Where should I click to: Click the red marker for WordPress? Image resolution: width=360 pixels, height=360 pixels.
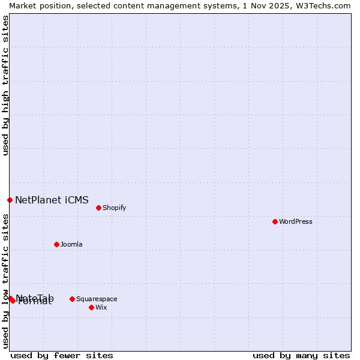[x=275, y=221]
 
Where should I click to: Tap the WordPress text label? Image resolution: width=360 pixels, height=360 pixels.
[x=296, y=222]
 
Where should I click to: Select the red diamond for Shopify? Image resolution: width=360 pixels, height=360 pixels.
[x=98, y=208]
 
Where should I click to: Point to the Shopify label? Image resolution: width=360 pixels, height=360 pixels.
[x=115, y=208]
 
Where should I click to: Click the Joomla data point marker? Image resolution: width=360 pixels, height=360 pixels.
[x=56, y=244]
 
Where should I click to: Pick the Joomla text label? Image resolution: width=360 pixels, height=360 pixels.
[x=71, y=245]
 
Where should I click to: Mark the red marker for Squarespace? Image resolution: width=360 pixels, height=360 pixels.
[x=72, y=299]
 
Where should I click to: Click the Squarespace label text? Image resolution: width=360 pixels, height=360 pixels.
[x=97, y=299]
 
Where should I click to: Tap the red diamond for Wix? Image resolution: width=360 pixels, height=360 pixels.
[x=91, y=307]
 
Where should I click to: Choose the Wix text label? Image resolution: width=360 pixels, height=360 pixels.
[x=101, y=308]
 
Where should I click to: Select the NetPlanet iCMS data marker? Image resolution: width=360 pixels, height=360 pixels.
[x=10, y=200]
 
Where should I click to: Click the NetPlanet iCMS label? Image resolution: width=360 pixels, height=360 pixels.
[x=52, y=200]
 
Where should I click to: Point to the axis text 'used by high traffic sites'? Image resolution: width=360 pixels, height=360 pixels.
[x=5, y=85]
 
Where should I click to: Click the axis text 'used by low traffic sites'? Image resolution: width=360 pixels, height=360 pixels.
[x=5, y=280]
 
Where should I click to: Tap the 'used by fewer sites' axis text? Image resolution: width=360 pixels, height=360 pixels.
[x=62, y=355]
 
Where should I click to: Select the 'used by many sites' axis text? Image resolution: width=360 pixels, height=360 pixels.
[x=301, y=355]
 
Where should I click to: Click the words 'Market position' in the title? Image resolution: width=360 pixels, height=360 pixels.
[x=35, y=5]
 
